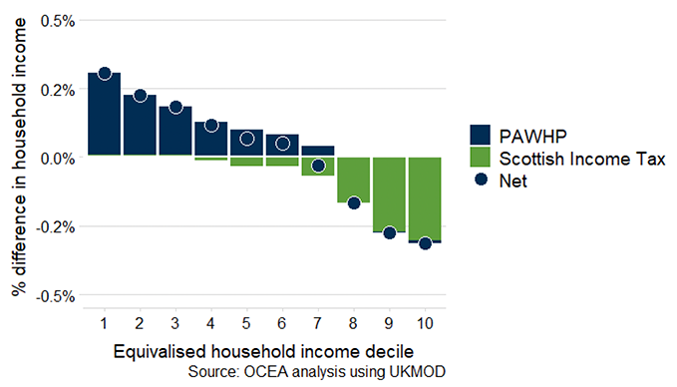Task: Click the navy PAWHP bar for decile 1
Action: [x=104, y=115]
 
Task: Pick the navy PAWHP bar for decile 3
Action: [x=175, y=131]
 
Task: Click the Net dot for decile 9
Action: [x=389, y=232]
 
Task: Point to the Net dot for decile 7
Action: [x=318, y=166]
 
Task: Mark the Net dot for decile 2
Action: [x=140, y=96]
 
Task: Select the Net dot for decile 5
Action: [x=246, y=139]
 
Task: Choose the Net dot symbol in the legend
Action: [x=481, y=182]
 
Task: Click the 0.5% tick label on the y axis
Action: [x=57, y=20]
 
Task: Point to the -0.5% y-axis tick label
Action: [x=55, y=296]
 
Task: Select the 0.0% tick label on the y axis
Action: [x=57, y=158]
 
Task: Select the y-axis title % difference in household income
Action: [x=17, y=158]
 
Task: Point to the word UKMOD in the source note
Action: [x=417, y=372]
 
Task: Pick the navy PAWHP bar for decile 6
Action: [x=282, y=146]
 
